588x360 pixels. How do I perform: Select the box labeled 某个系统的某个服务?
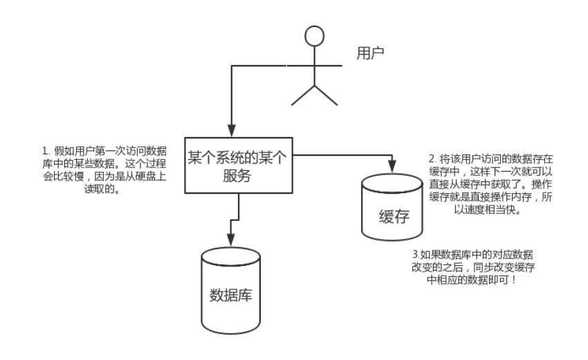(x=239, y=165)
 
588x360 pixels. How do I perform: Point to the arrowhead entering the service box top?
(x=232, y=130)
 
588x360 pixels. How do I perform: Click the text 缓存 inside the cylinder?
(x=392, y=217)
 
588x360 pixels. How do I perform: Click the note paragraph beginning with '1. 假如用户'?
(x=89, y=170)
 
